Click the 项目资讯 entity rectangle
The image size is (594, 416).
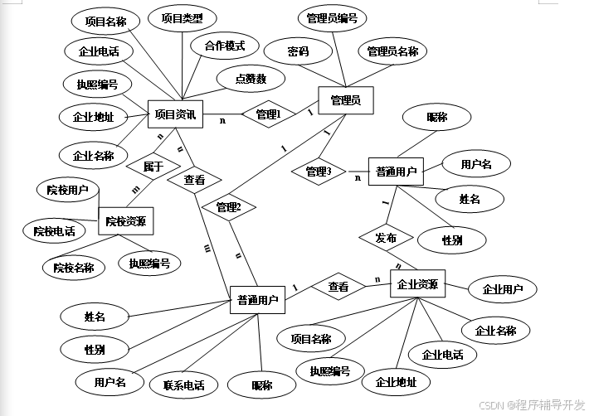tap(175, 115)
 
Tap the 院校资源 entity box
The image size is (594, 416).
tap(126, 221)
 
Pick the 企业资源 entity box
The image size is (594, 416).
tap(417, 285)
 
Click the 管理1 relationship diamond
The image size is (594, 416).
tap(268, 115)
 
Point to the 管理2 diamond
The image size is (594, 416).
tap(228, 207)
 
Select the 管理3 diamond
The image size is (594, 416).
tap(319, 172)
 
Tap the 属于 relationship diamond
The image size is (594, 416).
tap(153, 167)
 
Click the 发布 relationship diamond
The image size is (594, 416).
tap(386, 238)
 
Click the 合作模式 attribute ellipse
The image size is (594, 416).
tap(225, 46)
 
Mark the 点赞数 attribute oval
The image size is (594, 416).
tap(250, 79)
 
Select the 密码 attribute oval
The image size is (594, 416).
tap(299, 51)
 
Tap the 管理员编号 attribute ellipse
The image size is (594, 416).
tap(332, 18)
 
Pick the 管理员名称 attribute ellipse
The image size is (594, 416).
tap(392, 51)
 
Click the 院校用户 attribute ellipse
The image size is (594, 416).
tap(68, 190)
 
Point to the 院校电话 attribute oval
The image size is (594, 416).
tap(55, 231)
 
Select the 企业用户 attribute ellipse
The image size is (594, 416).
tap(503, 290)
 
